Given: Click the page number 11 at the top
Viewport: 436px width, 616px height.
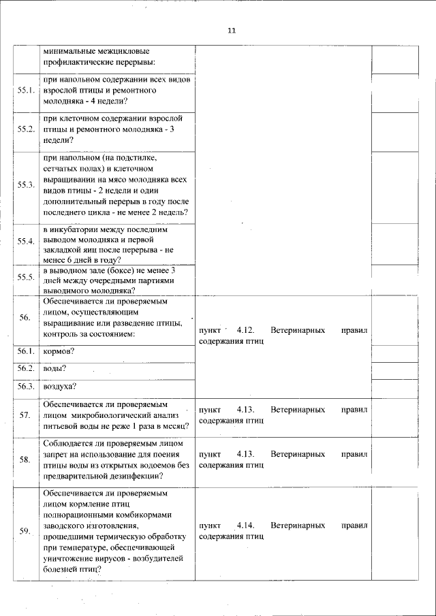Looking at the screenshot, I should point(231,31).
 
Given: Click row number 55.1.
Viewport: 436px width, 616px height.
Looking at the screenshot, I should point(27,91).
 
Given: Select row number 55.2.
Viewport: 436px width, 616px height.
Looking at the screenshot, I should point(27,129).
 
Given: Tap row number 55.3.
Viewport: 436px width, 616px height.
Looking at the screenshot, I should point(27,186).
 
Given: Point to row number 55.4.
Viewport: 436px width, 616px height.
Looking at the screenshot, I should point(27,242).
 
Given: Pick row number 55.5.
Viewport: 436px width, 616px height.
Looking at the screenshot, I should point(27,277).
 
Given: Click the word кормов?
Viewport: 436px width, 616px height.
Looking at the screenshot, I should point(58,352).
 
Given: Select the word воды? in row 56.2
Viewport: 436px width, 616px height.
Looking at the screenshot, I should point(54,369).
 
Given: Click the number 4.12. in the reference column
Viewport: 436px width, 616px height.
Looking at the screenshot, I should point(245,329).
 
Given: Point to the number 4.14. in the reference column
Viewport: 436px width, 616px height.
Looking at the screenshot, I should point(245,526).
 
